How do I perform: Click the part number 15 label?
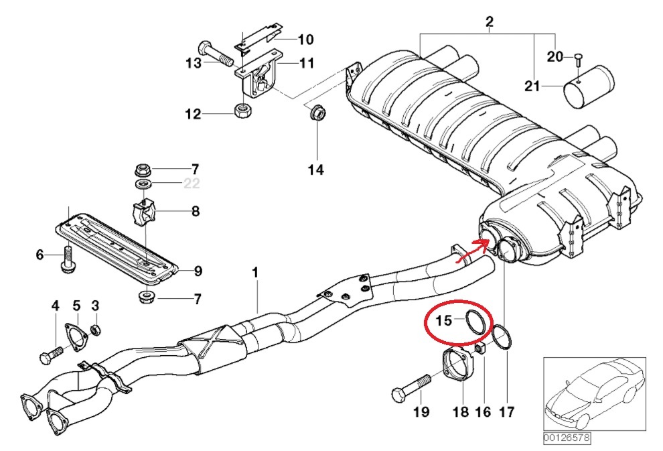click(x=444, y=320)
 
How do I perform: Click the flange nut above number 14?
click(x=316, y=115)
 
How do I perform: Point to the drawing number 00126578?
click(x=567, y=438)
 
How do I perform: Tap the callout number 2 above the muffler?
click(x=490, y=25)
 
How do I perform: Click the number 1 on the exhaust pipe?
click(x=255, y=273)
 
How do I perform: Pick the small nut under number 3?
click(x=96, y=330)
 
